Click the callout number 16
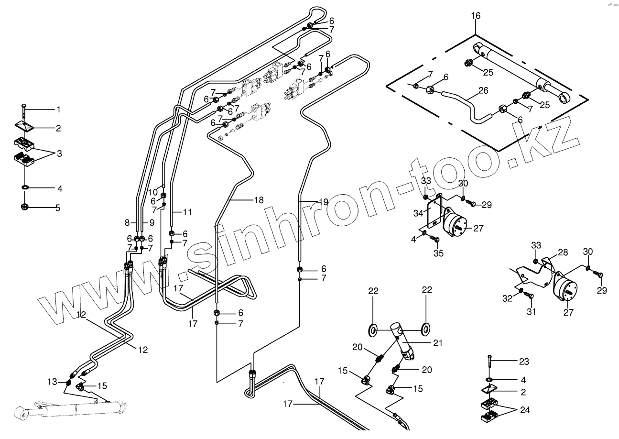pos(476,16)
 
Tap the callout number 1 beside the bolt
pos(59,110)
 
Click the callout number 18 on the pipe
pos(259,200)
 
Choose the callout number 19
pos(323,202)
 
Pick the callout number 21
pos(438,343)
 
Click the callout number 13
pos(52,382)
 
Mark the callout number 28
pos(563,252)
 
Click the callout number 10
pos(153,192)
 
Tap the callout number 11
pos(187,211)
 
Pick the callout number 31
pos(531,312)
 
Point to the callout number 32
pos(507,298)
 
